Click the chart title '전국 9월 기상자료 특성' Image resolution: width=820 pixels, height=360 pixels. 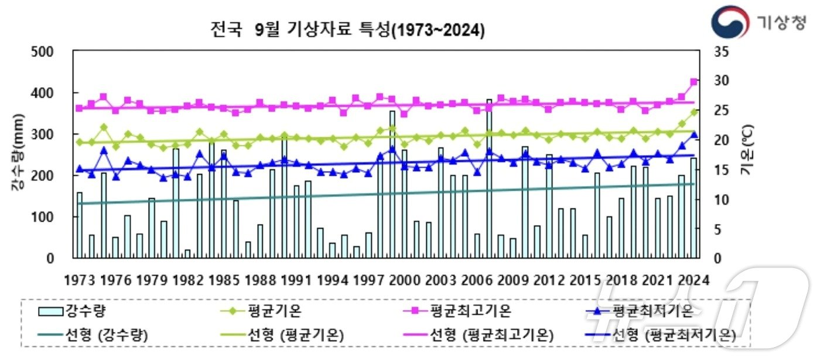348,30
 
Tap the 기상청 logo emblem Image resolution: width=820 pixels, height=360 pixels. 730,22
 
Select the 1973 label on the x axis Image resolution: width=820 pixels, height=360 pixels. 80,281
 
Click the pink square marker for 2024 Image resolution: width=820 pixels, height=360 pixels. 694,82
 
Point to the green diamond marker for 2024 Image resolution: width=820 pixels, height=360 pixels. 694,112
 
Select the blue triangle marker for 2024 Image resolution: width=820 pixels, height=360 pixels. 694,135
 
